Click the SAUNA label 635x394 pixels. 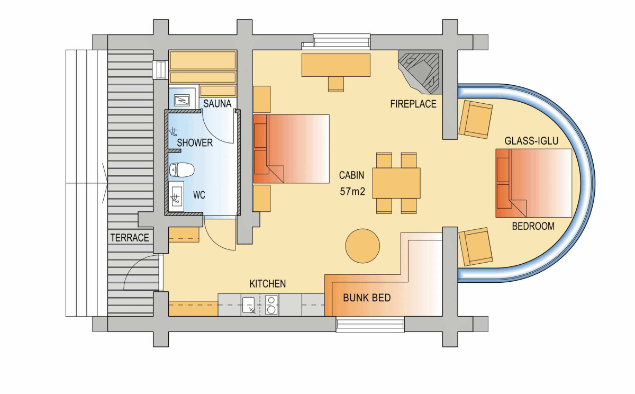point(217,104)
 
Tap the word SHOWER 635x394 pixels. point(195,142)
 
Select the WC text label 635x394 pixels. point(199,195)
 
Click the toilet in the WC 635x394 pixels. point(182,169)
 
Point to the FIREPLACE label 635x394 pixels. point(413,104)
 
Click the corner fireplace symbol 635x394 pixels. point(420,72)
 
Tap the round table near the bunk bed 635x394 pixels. point(362,246)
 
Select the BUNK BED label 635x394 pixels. point(367,298)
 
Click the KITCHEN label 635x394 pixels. point(268,284)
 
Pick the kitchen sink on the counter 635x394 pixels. point(248,305)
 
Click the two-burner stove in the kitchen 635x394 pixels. point(271,305)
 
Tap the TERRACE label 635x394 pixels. point(130,238)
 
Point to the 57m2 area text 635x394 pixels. point(352,192)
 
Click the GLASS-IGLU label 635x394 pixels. point(531,141)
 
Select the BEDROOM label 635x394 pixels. point(533,226)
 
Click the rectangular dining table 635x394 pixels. point(396,183)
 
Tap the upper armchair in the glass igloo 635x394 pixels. point(475,119)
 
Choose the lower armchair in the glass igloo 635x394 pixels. point(475,247)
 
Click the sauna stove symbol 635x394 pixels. point(182,100)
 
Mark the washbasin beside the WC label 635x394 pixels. point(176,196)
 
